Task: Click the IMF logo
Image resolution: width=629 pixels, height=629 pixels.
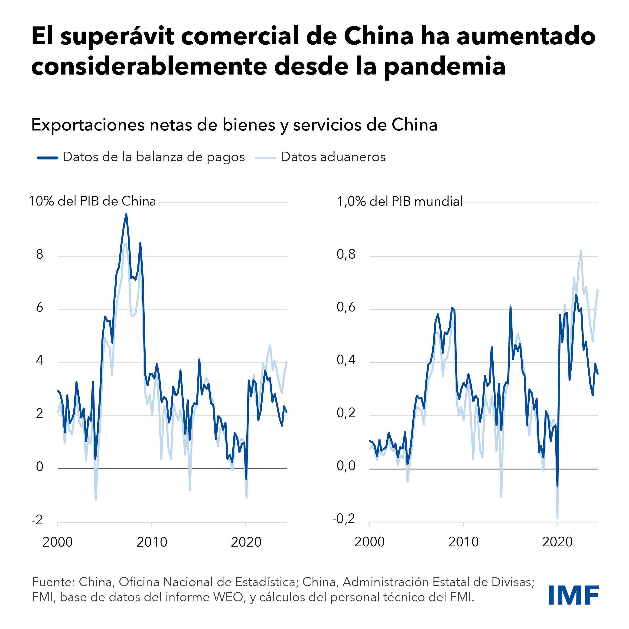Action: pyautogui.click(x=573, y=595)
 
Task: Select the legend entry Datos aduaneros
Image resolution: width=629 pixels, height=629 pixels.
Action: pyautogui.click(x=333, y=157)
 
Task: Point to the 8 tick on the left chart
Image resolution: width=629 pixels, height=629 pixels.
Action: pyautogui.click(x=39, y=254)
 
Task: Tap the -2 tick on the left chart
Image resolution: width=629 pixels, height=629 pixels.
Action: pyautogui.click(x=37, y=520)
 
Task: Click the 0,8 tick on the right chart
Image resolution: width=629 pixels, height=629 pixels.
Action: pyautogui.click(x=346, y=254)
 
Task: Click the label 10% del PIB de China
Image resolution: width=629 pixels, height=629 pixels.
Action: pyautogui.click(x=92, y=201)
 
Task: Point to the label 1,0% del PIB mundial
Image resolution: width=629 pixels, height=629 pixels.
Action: pyautogui.click(x=399, y=202)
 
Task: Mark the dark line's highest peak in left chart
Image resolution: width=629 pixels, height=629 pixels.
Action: pyautogui.click(x=126, y=214)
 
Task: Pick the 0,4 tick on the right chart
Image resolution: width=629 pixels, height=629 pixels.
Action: pyautogui.click(x=346, y=360)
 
